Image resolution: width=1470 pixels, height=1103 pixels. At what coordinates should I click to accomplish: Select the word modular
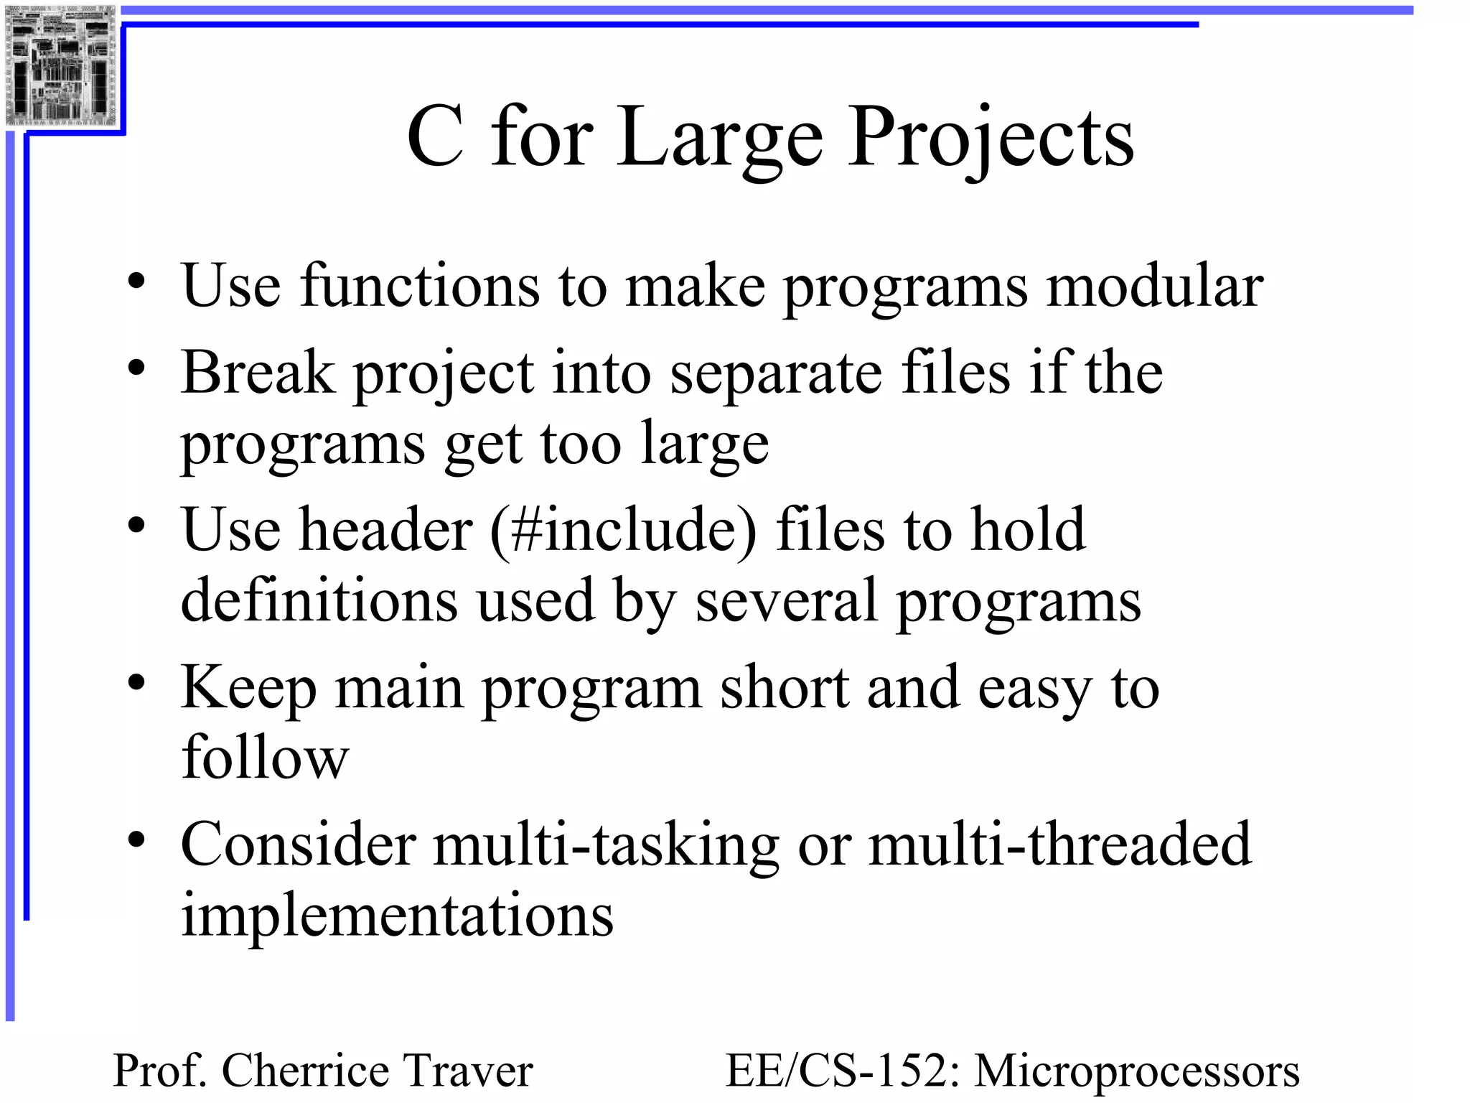tap(1154, 287)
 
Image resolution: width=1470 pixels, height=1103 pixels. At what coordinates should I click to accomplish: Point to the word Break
tap(258, 373)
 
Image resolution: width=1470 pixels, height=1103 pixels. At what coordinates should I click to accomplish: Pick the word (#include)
tap(623, 531)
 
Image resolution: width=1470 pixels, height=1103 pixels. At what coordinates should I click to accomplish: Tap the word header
tap(385, 530)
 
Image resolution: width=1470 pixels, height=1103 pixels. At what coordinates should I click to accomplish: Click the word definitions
tap(319, 600)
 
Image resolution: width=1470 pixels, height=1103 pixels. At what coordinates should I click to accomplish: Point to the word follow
tap(265, 758)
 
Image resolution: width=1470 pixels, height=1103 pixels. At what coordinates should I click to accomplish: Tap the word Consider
tap(299, 844)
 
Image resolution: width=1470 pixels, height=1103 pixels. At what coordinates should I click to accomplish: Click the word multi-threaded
tap(1060, 844)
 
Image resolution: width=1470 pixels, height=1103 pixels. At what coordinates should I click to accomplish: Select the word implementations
tap(397, 916)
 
